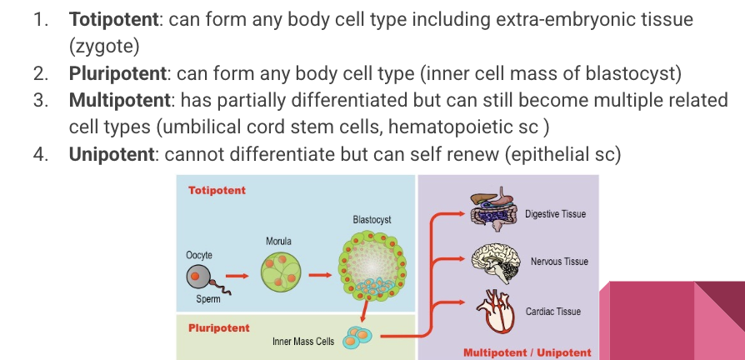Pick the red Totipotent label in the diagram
tap(217, 190)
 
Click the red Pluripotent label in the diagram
tap(218, 327)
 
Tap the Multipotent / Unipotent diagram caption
tap(527, 352)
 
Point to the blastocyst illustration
tap(372, 266)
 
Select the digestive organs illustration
tap(495, 210)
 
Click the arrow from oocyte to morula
tap(237, 274)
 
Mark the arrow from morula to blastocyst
tap(319, 273)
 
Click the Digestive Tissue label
tap(555, 214)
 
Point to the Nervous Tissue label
tap(558, 262)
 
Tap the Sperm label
tap(208, 299)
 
